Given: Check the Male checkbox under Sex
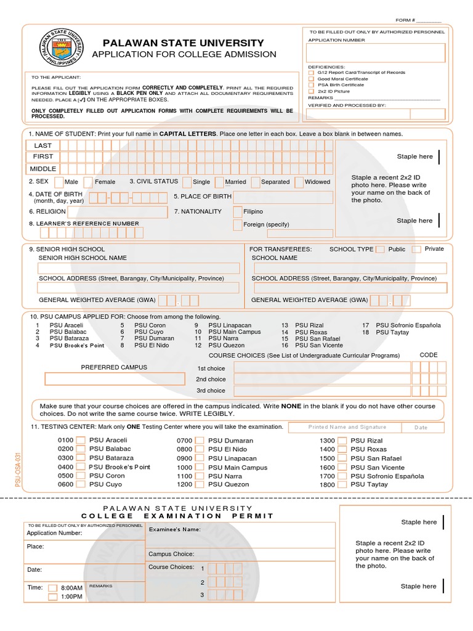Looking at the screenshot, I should click(x=59, y=182).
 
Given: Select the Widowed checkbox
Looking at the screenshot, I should click(x=299, y=182).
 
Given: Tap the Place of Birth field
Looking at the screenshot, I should click(x=283, y=197).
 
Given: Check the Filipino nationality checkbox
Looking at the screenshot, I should click(x=238, y=211).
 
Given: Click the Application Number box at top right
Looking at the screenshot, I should click(x=376, y=53).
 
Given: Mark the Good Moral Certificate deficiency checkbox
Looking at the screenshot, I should click(x=311, y=79).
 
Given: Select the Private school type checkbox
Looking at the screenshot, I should click(x=417, y=249).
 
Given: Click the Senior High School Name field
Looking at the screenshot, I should click(x=139, y=268).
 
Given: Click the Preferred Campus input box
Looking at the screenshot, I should click(x=114, y=378).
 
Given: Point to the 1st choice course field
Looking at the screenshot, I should click(x=321, y=368).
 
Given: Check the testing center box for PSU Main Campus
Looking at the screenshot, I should click(x=200, y=468).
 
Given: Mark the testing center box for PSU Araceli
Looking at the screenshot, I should click(x=79, y=441).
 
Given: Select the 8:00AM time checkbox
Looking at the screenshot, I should click(x=53, y=588).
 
